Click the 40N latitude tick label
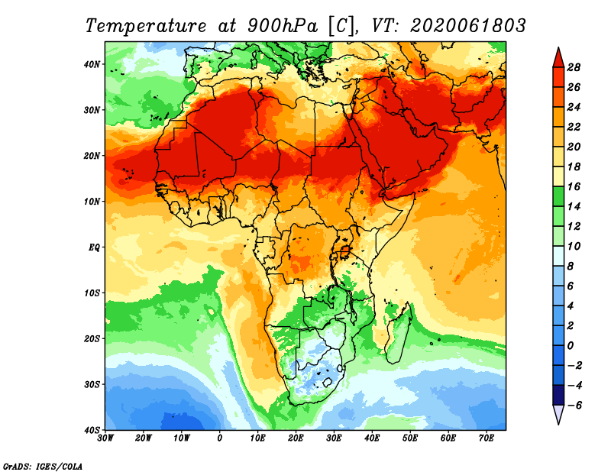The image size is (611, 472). pyautogui.click(x=92, y=63)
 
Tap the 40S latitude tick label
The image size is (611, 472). pyautogui.click(x=92, y=430)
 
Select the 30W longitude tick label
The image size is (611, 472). pyautogui.click(x=105, y=438)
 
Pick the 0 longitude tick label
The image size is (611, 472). pyautogui.click(x=220, y=438)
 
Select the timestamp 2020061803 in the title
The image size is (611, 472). pyautogui.click(x=468, y=25)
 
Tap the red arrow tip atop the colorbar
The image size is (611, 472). pyautogui.click(x=558, y=54)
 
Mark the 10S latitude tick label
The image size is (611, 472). pyautogui.click(x=92, y=293)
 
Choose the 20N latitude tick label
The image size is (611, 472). pyautogui.click(x=92, y=155)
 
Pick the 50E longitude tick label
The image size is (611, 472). pyautogui.click(x=410, y=438)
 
